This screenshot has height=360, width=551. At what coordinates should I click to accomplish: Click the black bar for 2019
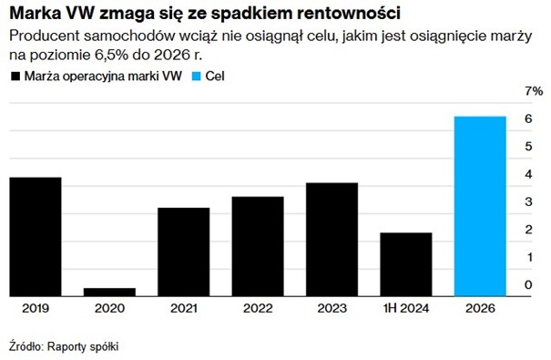tap(36, 236)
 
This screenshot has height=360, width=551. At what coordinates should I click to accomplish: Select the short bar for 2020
tap(109, 292)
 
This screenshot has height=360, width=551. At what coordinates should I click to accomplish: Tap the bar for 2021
tap(183, 252)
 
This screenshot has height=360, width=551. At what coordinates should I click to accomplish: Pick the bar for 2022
tap(258, 246)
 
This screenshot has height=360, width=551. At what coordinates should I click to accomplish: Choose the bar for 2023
tap(332, 239)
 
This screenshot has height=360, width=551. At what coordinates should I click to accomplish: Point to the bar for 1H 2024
tap(405, 264)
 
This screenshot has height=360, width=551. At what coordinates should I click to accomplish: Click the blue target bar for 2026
tap(479, 206)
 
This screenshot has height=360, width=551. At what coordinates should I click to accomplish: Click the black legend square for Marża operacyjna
tap(15, 77)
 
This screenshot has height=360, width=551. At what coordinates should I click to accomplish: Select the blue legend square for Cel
tap(196, 77)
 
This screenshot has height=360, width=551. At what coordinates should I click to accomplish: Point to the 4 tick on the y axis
tap(527, 174)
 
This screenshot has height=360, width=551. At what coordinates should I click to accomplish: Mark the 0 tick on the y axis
tap(527, 285)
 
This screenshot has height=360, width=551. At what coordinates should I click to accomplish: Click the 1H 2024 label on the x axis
tap(405, 310)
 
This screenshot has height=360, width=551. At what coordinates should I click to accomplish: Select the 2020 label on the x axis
tap(109, 310)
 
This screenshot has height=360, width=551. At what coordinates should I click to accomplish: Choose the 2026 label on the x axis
tap(479, 310)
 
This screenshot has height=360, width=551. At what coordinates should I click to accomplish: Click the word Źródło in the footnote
tap(25, 346)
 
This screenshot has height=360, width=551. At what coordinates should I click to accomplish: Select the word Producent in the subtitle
tap(41, 36)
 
